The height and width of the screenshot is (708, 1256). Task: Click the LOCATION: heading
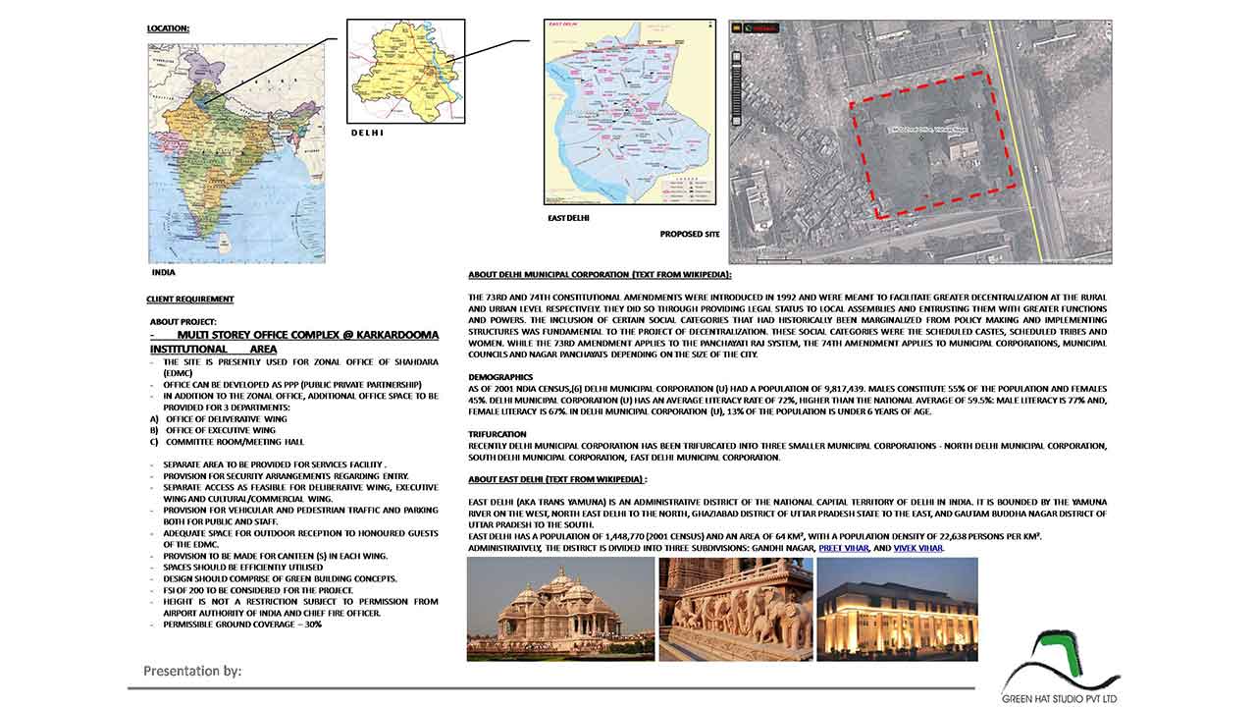tap(168, 28)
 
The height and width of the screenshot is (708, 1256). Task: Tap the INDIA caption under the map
tap(163, 272)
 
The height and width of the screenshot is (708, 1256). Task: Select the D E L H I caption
tap(367, 133)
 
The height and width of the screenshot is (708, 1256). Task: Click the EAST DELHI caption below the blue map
tap(568, 218)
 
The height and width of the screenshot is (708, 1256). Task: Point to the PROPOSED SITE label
tap(690, 235)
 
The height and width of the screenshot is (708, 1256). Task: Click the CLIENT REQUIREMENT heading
tap(190, 299)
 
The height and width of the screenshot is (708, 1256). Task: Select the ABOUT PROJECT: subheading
tap(183, 321)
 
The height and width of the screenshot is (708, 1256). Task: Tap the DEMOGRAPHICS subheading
tap(500, 377)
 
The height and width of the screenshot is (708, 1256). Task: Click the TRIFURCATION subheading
tap(497, 434)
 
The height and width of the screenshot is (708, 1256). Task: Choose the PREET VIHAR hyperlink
tap(843, 548)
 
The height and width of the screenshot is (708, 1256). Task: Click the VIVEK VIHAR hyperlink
tap(917, 548)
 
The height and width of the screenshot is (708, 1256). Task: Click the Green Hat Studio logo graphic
tap(1061, 660)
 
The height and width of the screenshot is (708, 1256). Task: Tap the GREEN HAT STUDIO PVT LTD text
tap(1060, 699)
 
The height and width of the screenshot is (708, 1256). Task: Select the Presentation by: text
tap(192, 672)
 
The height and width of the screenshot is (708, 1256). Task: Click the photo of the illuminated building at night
tap(897, 609)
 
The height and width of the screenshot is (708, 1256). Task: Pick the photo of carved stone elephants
tap(735, 609)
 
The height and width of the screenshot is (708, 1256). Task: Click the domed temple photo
tap(560, 609)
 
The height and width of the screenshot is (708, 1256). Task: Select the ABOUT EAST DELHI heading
tap(557, 479)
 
